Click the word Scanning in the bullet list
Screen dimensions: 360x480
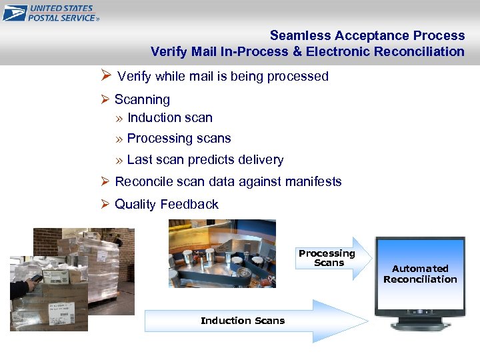tap(142, 99)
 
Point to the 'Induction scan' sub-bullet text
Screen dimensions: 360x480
tap(169, 118)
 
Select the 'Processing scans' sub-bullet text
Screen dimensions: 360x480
tap(179, 139)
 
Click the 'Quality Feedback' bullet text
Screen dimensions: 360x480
tap(166, 204)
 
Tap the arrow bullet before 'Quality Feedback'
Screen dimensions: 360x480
tap(105, 204)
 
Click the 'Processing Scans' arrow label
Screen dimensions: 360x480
tap(327, 258)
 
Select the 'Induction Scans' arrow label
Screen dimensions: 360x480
tap(243, 321)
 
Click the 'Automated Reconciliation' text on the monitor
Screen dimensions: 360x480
tap(420, 274)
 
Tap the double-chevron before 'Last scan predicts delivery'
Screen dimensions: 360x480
tap(119, 160)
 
